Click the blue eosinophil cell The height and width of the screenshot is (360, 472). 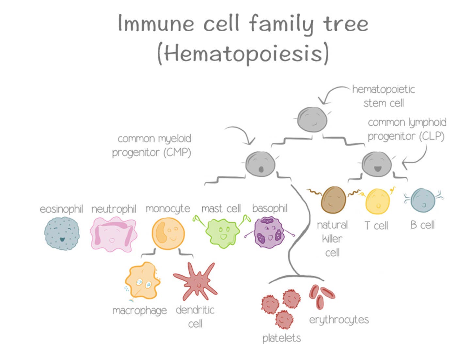point(62,233)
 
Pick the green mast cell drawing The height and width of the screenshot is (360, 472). point(222,232)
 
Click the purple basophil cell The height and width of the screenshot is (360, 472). point(269,232)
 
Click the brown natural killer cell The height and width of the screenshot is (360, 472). point(333,200)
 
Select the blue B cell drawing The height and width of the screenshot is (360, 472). point(423,200)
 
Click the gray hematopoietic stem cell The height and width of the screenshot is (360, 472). point(312,120)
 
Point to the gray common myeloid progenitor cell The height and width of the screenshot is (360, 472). point(260,164)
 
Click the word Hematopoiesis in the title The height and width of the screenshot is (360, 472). point(243,54)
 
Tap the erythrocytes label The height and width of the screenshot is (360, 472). point(339,320)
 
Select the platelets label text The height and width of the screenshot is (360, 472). point(281,338)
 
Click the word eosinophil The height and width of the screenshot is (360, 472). point(61,209)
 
